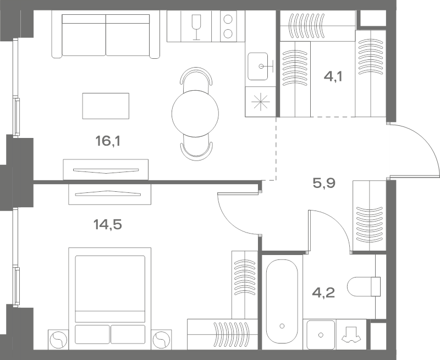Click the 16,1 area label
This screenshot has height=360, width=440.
pos(108,141)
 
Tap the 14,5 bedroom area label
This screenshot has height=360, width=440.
pos(107,225)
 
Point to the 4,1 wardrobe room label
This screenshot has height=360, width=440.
pos(333,76)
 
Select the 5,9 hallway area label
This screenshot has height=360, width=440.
pos(324,184)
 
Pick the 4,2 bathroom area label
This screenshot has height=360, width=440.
pos(323,293)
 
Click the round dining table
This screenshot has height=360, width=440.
pos(195,114)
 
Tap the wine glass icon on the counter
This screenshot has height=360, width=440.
pos(196,26)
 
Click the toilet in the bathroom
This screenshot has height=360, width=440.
pos(364,286)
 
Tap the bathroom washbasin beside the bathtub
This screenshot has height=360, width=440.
pos(321,335)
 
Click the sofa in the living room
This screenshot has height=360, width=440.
pos(106,35)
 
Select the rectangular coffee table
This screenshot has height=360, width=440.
pos(106,106)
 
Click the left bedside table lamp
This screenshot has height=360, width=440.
pos(58,340)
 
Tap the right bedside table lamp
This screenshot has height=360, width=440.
pos(161,340)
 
